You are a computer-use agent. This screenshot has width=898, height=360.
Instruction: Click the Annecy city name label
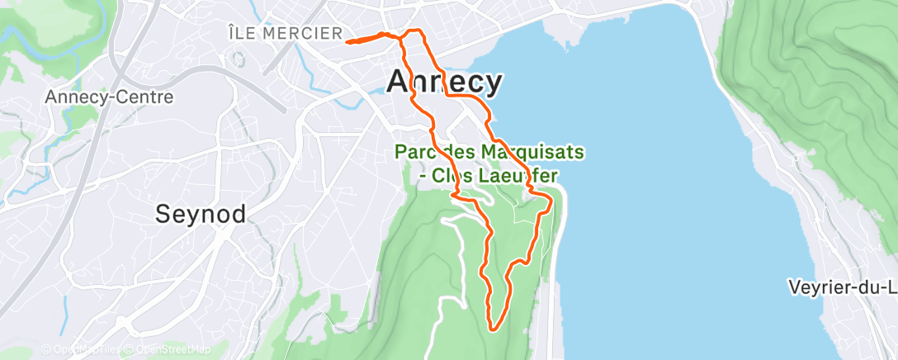coord(444,82)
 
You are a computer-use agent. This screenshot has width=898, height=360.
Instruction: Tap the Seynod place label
coord(201,215)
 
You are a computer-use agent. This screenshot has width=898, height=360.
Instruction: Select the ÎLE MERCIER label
coord(285,34)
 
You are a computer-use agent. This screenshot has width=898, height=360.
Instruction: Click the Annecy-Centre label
coord(109,97)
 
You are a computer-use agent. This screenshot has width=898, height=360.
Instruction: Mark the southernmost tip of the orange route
coord(494,329)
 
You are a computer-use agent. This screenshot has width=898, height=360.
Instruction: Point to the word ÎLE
coord(243,34)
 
